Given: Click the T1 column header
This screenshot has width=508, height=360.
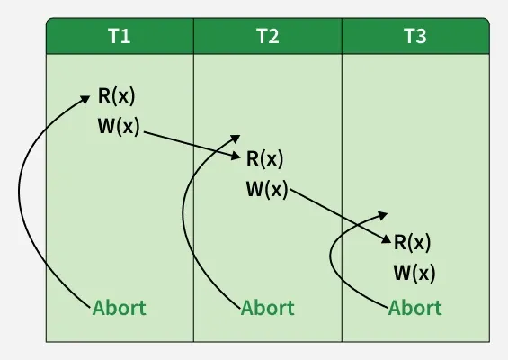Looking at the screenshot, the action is coord(120,36).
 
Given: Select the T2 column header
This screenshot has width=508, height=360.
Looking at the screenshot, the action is coord(268,36).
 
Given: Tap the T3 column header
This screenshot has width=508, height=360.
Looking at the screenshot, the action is coord(415,36).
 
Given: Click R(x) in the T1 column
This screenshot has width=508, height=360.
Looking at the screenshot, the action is coord(116,96).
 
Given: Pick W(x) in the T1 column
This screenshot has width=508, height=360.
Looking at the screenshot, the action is coord(119,126).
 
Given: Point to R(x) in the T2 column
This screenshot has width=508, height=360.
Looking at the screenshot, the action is coord(264,159).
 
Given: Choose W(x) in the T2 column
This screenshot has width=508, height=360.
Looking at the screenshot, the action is coord(267,189).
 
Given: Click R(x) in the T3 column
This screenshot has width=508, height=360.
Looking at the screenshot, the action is coord(412,242).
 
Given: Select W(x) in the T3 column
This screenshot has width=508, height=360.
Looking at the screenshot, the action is coord(414,273).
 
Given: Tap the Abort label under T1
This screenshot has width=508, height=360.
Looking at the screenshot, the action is coord(120,308).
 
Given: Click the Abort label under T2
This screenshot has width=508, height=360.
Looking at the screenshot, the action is coord(268,308).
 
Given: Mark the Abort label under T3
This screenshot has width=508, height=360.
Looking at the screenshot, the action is coord(415,308).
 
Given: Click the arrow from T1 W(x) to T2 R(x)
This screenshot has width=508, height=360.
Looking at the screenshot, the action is coord(192,145).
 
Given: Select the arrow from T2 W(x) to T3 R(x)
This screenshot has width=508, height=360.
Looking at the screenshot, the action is coord(340,215).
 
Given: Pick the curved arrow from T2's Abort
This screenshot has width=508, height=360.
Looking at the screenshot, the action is coord(183,214).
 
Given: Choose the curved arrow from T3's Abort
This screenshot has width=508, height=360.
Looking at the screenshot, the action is coord(331,256).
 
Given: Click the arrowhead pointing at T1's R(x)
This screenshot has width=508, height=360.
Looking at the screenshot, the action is coord(85,99).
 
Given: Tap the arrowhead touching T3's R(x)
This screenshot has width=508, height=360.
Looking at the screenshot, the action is coord(387,239).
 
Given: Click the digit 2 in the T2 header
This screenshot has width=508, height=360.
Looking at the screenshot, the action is coord(272,36).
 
